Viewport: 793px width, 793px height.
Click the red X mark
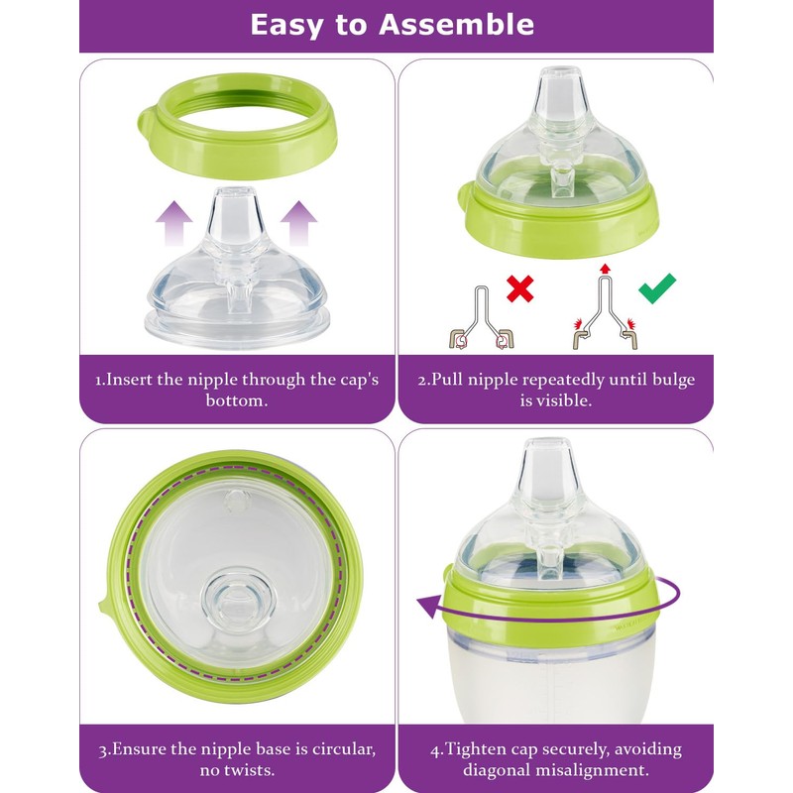[520, 288]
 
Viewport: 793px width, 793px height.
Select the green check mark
[656, 288]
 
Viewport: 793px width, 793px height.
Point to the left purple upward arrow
[176, 220]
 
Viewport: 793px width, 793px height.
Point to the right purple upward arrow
[299, 220]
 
